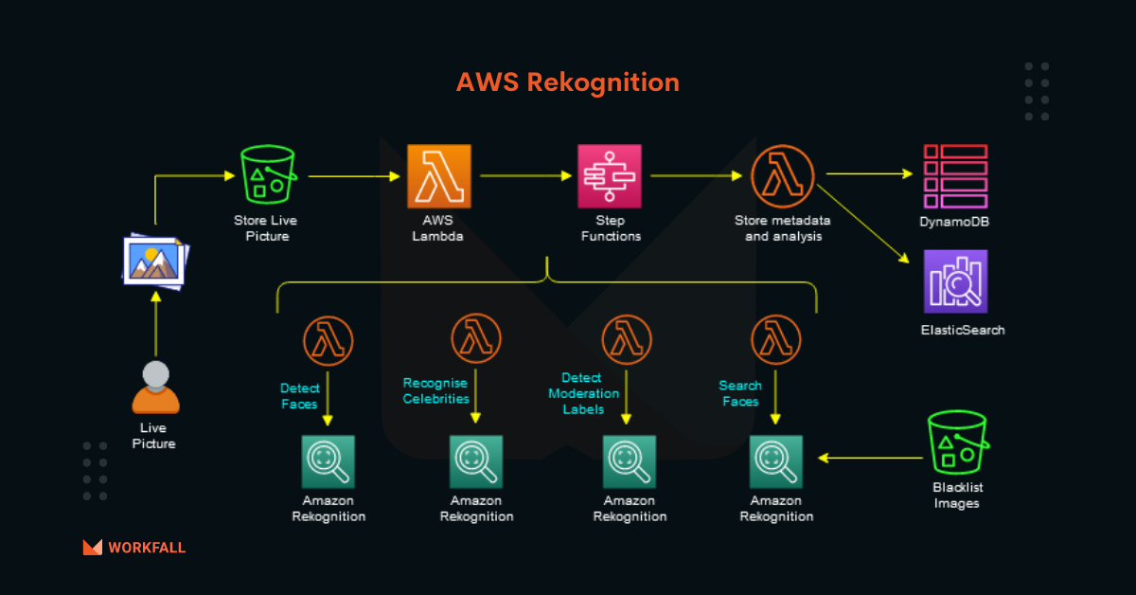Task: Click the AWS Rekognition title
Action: [x=567, y=82]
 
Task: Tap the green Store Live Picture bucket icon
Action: [x=267, y=176]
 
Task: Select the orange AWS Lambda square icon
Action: [x=438, y=176]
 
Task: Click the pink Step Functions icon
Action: [x=610, y=176]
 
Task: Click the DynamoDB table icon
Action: [x=955, y=176]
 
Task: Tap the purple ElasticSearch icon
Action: [x=955, y=281]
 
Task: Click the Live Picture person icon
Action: [x=155, y=388]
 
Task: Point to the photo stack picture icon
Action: [x=155, y=260]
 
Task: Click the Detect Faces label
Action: [x=300, y=396]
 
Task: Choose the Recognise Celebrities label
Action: [x=435, y=390]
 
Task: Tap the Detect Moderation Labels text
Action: [x=583, y=392]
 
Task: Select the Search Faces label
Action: [x=739, y=393]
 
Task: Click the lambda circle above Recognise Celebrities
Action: [x=476, y=339]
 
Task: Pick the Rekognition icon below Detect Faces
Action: [x=328, y=461]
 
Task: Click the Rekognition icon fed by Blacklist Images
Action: [x=776, y=461]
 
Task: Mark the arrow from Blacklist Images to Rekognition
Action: [x=871, y=458]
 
